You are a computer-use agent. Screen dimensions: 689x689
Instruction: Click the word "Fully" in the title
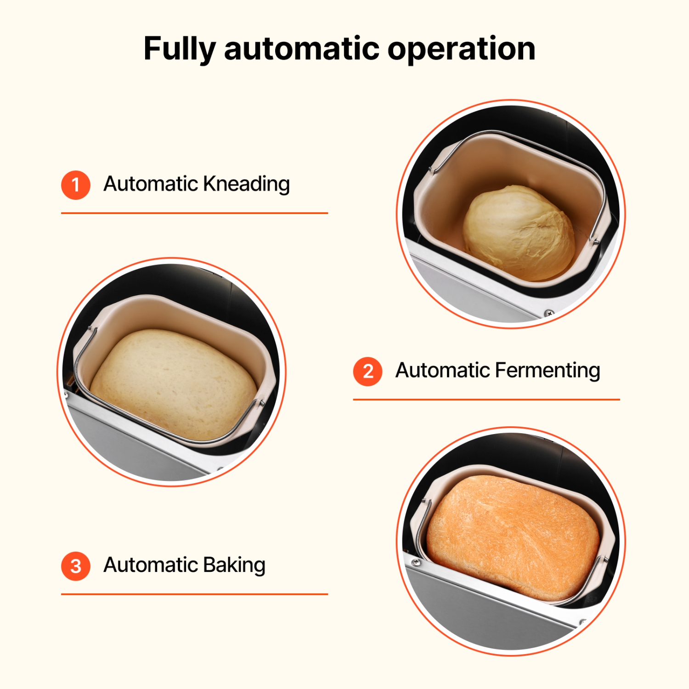(179, 49)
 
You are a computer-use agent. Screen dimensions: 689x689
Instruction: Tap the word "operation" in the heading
(461, 49)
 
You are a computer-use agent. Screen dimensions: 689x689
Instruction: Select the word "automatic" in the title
(302, 49)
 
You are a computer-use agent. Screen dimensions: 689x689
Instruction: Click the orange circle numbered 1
(76, 185)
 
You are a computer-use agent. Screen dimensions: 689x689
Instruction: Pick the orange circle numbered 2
(367, 371)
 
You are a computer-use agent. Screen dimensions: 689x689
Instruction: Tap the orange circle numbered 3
(76, 566)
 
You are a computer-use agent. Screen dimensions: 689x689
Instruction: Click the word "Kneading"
(246, 184)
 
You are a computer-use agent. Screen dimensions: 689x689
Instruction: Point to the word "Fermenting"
(548, 371)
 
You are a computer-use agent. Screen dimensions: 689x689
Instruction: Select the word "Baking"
(234, 565)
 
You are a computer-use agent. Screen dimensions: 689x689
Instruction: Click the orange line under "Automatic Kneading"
(194, 213)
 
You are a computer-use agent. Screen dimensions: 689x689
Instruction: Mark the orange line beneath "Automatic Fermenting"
(486, 400)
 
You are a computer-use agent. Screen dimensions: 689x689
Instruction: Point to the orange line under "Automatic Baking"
(194, 594)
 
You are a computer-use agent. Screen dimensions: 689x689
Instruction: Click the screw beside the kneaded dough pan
(549, 313)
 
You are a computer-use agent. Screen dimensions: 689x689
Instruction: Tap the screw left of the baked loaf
(416, 562)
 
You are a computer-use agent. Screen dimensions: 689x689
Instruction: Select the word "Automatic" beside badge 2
(443, 371)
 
